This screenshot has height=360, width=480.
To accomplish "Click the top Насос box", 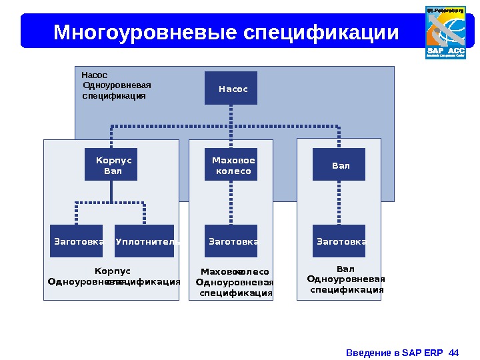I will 231,88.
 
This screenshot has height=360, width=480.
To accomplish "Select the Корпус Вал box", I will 111,164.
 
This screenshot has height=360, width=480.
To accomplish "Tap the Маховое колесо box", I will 231,164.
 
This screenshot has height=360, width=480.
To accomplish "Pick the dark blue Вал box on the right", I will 339,164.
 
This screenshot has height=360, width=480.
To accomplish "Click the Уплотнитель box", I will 145,241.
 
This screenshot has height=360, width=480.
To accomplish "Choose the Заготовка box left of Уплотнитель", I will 77,241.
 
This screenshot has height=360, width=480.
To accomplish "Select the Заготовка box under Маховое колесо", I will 231,241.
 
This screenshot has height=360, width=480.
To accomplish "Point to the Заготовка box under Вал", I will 339,241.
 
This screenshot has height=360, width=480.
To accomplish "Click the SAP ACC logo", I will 445,32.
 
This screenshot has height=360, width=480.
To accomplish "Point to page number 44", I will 455,352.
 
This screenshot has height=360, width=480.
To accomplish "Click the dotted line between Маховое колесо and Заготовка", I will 231,203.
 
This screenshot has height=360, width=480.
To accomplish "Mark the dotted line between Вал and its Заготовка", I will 339,203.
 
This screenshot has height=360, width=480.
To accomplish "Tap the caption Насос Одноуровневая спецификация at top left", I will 113,85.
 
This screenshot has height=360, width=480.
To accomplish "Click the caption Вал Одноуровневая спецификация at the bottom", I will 346,279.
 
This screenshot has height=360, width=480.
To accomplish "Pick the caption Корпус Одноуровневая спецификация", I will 113,276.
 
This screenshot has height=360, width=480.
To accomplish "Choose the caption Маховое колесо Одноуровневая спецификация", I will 235,282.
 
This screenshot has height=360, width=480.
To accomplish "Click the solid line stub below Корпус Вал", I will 111,191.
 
